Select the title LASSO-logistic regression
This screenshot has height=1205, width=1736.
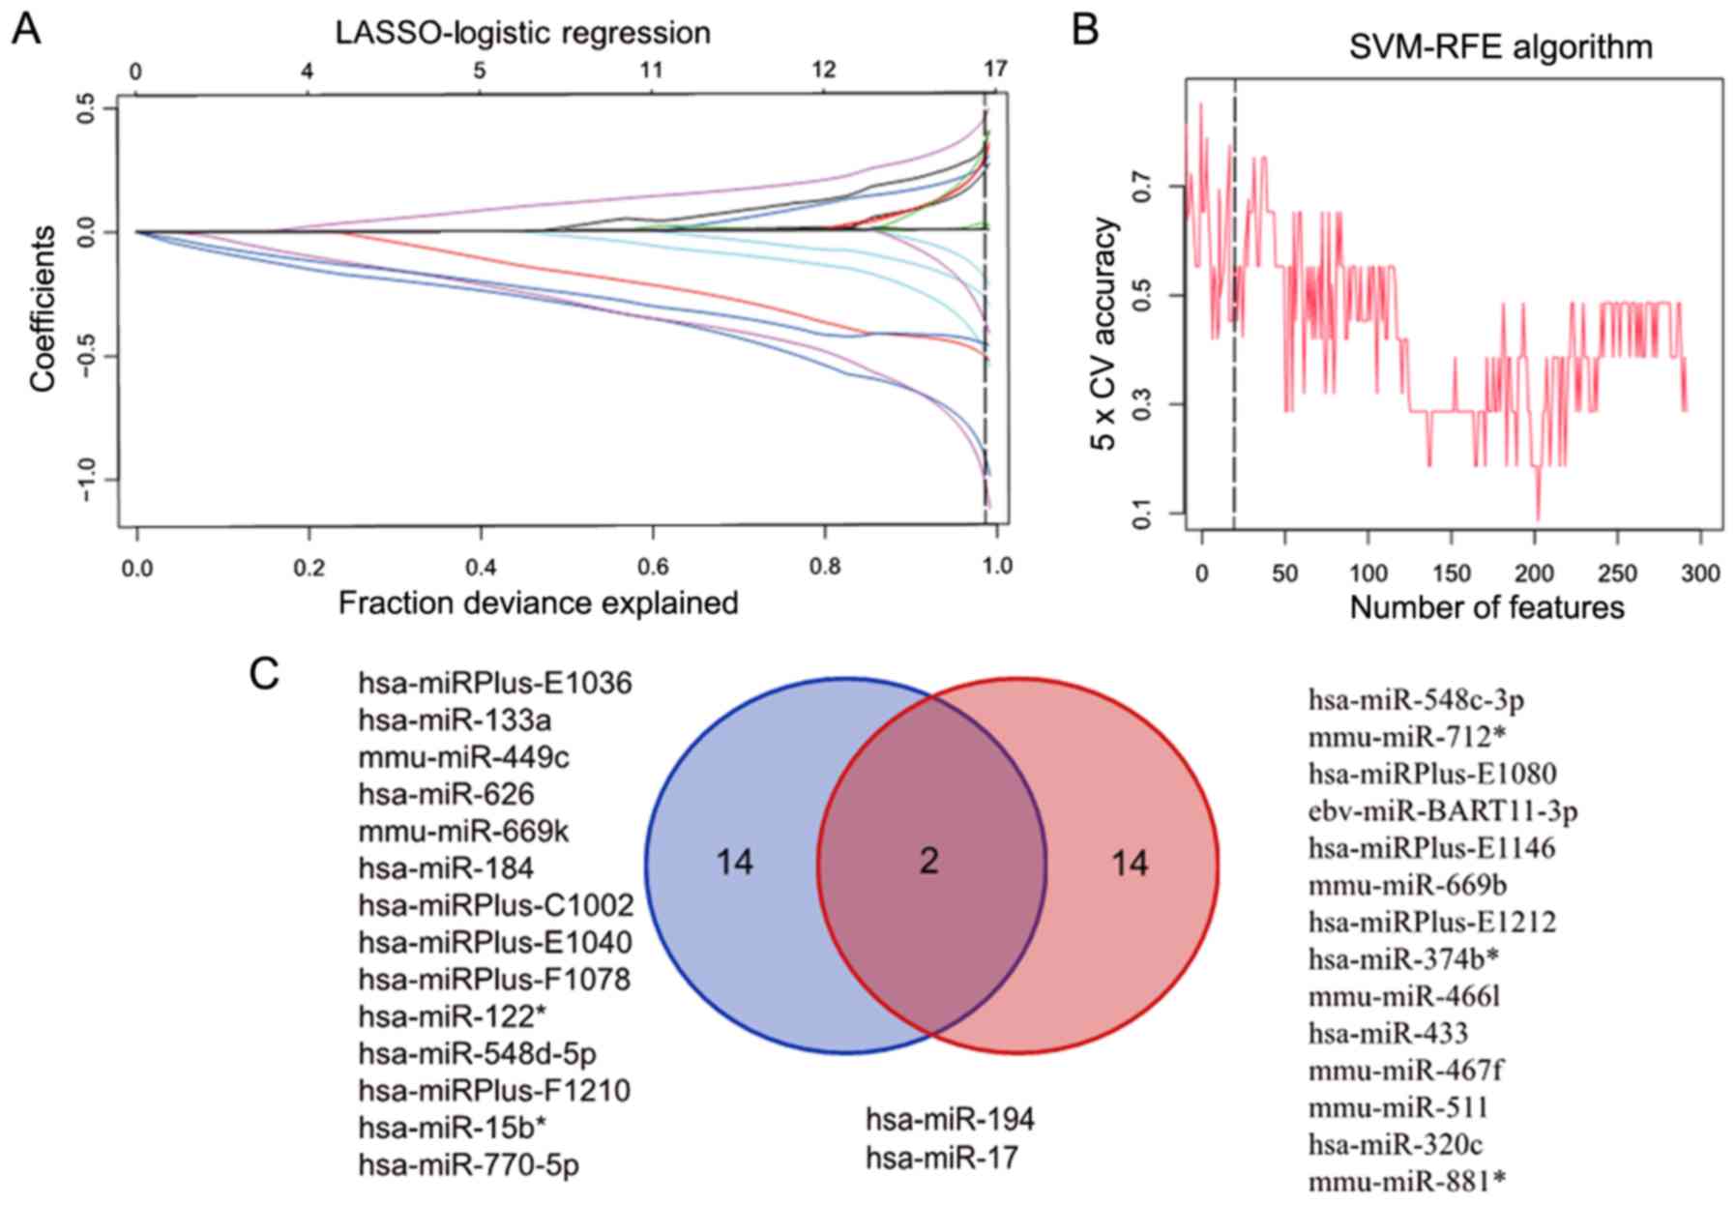coord(522,33)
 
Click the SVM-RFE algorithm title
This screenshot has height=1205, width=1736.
coord(1500,46)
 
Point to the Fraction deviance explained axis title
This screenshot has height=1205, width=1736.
coord(538,602)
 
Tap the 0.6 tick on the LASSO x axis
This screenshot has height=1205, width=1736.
coord(653,566)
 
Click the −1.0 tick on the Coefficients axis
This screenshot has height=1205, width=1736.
coord(87,480)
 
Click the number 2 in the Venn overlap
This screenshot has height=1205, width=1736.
coord(928,861)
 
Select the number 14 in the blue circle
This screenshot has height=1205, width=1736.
coord(734,861)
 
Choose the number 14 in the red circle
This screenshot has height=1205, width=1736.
coord(1129,862)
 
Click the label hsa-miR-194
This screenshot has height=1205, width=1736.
coord(950,1119)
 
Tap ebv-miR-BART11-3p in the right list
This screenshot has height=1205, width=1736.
coord(1443,810)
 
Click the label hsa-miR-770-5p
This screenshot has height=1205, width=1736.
coord(468,1164)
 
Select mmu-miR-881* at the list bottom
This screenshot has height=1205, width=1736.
coord(1407,1180)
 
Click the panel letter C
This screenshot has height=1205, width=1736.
coord(264,674)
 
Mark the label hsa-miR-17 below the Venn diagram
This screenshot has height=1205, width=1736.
coord(942,1157)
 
